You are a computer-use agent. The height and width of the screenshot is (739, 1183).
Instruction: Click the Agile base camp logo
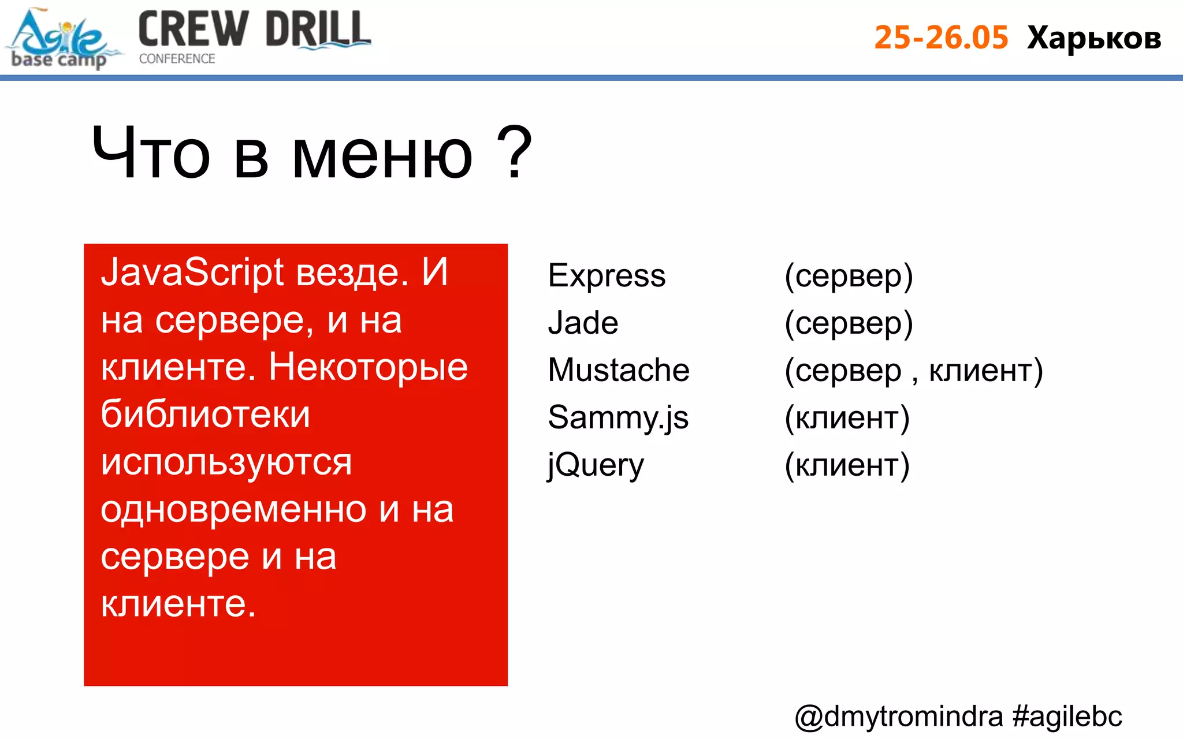61,39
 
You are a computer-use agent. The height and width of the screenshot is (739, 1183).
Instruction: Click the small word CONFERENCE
177,59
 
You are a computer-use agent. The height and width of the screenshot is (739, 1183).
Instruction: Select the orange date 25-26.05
941,38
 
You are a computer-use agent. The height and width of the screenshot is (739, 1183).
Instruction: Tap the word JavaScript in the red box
192,273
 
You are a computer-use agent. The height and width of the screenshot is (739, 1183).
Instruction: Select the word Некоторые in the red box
368,367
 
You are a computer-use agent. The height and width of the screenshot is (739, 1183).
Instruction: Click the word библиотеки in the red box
205,415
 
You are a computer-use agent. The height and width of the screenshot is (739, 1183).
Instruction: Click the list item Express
607,275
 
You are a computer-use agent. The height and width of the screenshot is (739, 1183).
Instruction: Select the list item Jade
583,323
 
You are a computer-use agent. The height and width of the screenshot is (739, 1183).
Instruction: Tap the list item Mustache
618,370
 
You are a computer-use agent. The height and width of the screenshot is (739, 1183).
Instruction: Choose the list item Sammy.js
618,417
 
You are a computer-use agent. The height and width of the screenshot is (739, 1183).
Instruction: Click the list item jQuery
596,465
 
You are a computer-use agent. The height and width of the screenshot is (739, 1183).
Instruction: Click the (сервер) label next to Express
848,276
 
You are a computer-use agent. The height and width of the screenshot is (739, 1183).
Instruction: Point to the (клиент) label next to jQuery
847,465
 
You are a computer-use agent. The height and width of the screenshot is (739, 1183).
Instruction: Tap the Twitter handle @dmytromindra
898,716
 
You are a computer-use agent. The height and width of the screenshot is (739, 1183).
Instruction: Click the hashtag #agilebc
1067,716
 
